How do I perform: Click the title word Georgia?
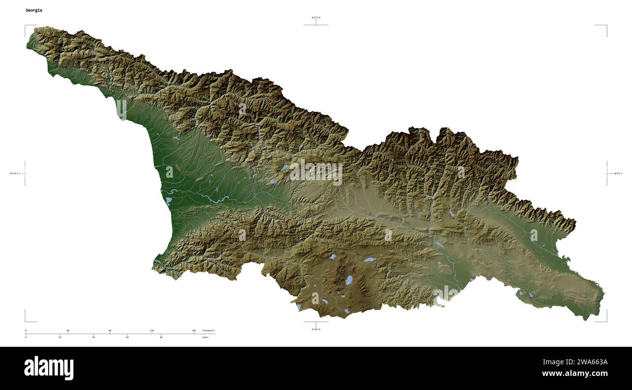(34, 10)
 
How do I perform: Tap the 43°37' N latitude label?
(316, 17)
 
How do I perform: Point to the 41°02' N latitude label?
(316, 329)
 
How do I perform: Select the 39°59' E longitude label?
(17, 173)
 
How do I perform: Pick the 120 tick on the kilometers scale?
(152, 331)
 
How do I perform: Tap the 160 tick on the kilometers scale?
(194, 331)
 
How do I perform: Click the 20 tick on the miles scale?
(59, 337)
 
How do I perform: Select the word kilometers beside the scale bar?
(209, 331)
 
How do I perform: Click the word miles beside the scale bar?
(206, 337)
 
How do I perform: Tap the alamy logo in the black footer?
(49, 368)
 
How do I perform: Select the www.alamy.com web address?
(575, 373)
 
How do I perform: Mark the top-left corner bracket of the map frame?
(26, 26)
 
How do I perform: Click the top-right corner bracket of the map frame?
(606, 26)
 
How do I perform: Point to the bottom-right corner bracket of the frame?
(606, 321)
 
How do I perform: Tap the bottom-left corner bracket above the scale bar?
(26, 321)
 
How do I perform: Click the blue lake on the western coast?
(169, 200)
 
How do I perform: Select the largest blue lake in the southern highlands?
(349, 280)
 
